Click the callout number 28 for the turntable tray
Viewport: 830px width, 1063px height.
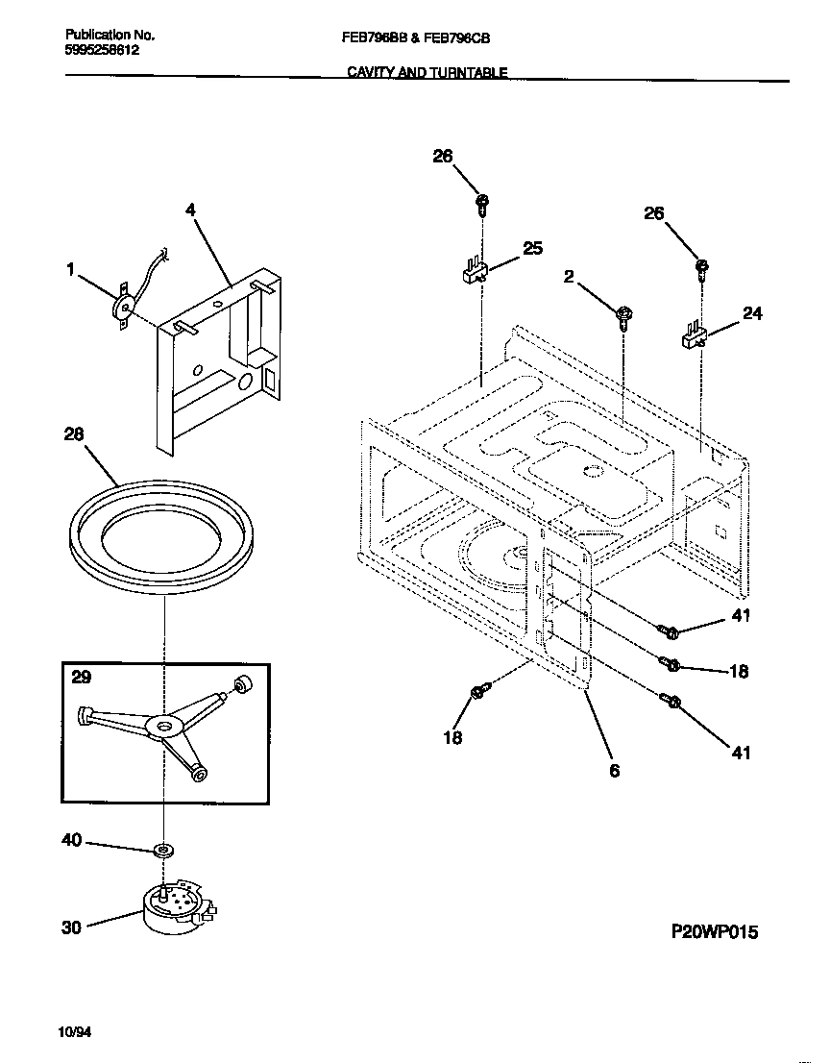click(x=74, y=434)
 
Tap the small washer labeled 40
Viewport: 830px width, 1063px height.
click(x=164, y=850)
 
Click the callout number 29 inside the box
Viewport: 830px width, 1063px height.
click(x=82, y=678)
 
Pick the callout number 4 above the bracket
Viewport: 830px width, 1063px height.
click(x=190, y=209)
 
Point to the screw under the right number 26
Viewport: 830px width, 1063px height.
click(x=701, y=266)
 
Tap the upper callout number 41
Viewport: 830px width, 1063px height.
click(x=740, y=616)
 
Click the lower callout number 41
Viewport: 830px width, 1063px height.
click(x=740, y=753)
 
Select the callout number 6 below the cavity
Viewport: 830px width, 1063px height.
click(x=614, y=770)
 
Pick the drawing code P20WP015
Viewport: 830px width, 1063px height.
click(x=714, y=932)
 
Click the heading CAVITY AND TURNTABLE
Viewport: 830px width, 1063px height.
click(x=427, y=72)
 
